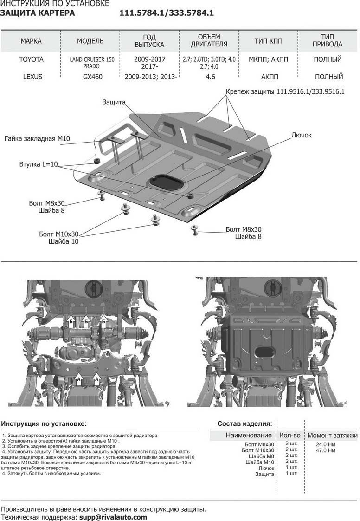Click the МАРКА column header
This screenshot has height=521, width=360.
31,41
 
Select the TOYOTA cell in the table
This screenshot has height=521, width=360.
31,59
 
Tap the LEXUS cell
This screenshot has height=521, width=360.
32,77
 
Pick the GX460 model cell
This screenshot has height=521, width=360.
93,77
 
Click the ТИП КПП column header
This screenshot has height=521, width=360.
268,41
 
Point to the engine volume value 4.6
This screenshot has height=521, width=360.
211,77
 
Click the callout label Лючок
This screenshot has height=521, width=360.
302,135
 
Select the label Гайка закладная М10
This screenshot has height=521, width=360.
37,138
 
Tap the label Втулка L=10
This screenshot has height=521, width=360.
39,164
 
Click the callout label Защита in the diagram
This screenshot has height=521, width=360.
114,102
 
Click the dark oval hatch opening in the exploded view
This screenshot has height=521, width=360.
165,182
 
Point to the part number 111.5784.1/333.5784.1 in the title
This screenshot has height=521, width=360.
167,13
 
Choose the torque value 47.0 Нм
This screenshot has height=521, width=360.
326,450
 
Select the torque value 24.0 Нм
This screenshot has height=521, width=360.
326,444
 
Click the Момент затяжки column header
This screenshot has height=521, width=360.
333,435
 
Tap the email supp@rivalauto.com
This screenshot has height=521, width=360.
113,517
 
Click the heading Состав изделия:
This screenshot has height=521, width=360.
245,423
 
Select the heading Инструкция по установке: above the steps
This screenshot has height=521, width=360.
44,423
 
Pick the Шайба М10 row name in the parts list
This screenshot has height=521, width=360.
260,462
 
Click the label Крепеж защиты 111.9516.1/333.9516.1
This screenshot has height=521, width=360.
285,91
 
